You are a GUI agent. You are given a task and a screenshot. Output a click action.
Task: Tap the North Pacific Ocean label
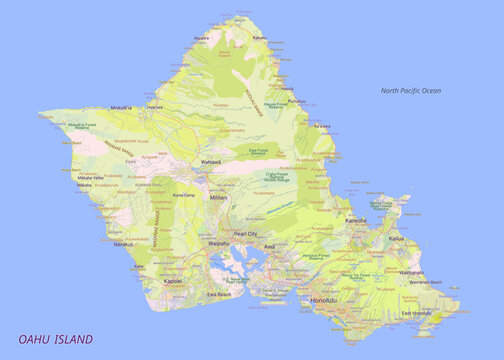click(x=410, y=91)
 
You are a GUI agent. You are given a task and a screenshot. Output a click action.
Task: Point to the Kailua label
click(x=397, y=239)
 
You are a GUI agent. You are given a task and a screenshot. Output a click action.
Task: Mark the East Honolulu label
click(x=418, y=314)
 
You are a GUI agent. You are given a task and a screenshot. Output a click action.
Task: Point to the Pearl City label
click(x=246, y=233)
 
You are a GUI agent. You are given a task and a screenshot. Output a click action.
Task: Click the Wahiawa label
click(x=211, y=161)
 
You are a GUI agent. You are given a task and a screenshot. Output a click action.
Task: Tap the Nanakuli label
click(x=122, y=243)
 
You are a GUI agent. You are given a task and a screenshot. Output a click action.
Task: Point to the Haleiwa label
click(x=155, y=105)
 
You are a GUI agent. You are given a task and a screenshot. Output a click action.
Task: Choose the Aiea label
click(x=269, y=245)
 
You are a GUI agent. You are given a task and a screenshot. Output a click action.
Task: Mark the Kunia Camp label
click(x=182, y=195)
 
